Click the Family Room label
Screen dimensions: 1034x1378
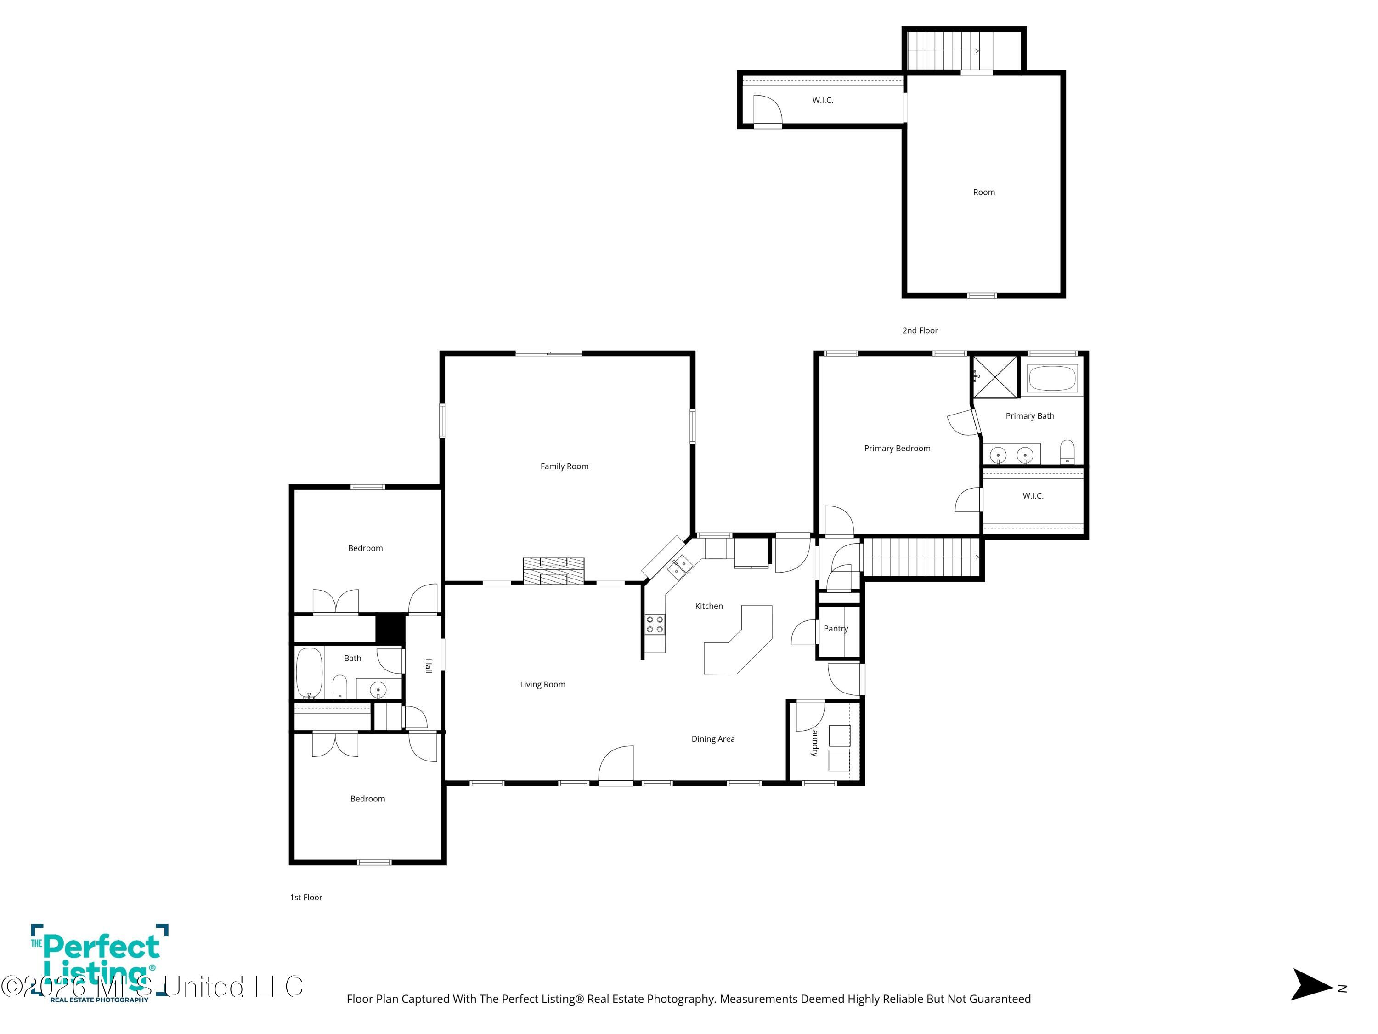click(564, 466)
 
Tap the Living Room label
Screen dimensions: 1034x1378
click(542, 684)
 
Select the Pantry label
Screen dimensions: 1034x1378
click(836, 628)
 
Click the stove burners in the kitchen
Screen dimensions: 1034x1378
click(654, 625)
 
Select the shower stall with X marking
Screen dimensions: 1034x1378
click(995, 376)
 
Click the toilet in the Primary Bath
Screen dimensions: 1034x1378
click(1067, 452)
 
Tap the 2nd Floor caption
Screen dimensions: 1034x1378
click(920, 330)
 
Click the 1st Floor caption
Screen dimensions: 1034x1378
click(306, 898)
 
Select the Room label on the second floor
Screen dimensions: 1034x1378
click(984, 192)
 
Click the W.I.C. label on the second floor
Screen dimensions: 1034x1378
click(822, 100)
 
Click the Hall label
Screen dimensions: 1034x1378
click(428, 665)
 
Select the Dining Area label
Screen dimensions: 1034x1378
click(713, 739)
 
